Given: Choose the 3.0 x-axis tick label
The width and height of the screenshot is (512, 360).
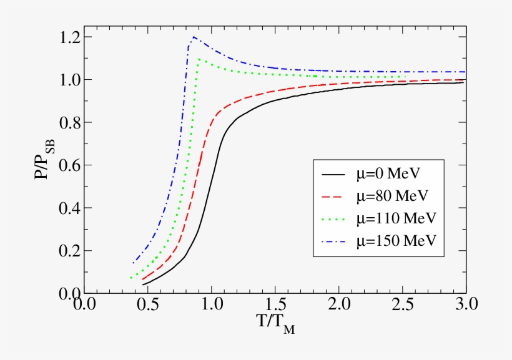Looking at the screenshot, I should [466, 305].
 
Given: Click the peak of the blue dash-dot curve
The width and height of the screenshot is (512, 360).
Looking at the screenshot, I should [194, 37].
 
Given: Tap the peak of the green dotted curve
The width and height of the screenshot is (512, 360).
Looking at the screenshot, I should [199, 59].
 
